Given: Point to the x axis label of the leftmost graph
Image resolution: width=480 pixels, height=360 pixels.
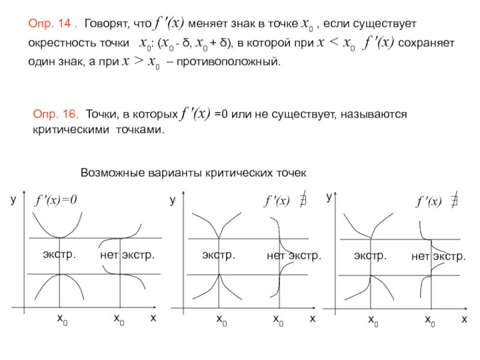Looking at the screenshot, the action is [x=153, y=318].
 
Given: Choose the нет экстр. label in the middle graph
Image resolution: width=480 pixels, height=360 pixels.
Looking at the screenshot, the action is [x=294, y=256].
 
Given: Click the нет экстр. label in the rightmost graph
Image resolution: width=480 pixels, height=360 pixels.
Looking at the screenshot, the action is [x=439, y=256].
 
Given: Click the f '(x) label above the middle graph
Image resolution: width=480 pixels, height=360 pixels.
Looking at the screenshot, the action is [x=277, y=202].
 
